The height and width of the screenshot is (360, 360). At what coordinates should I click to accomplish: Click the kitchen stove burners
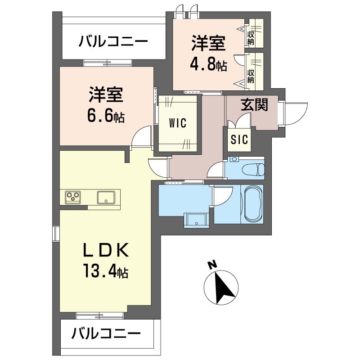73,196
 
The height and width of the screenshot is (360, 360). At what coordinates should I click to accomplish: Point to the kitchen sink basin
106,197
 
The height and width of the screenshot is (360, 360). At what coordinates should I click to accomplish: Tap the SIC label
239,139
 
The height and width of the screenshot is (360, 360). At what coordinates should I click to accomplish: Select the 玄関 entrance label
254,105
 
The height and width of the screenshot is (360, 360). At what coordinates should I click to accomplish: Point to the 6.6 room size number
100,117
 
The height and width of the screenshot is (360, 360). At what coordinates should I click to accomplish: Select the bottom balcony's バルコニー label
107,334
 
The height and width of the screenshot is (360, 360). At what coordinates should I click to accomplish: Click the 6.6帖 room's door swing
141,137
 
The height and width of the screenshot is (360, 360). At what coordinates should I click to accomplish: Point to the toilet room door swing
216,170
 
